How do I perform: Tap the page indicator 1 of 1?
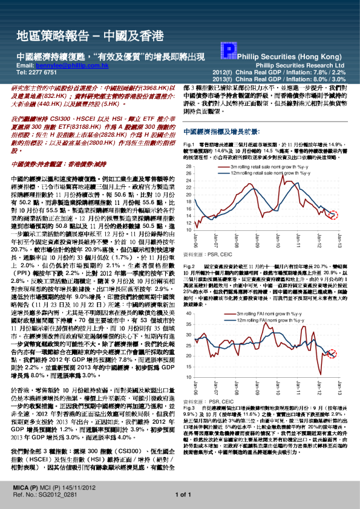182,494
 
